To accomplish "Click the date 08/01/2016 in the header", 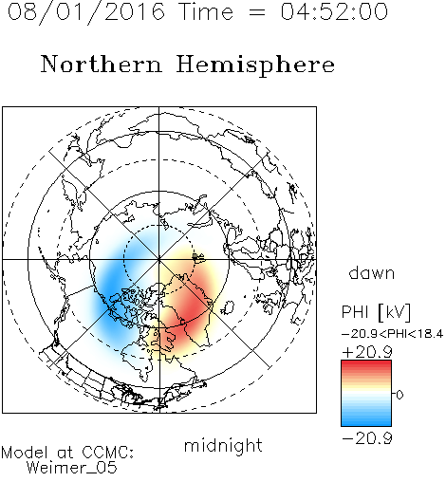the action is (86, 12).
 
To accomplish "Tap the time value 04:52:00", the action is (334, 11).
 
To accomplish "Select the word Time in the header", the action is (206, 11).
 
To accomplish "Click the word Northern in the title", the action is (102, 64).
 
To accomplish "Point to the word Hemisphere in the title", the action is (255, 65).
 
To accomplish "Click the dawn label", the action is (372, 272).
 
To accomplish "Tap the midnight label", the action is (223, 445).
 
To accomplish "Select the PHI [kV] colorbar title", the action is (376, 312).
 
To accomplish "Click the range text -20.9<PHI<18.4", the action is (393, 334).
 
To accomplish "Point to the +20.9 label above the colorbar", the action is (367, 352).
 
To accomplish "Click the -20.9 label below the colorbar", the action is (367, 438).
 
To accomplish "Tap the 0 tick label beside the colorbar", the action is (400, 395).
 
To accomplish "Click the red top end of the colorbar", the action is (366, 362).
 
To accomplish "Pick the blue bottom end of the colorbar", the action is (366, 423).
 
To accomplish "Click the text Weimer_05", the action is (72, 468).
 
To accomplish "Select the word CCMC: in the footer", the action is (107, 453).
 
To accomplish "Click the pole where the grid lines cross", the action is (159, 259).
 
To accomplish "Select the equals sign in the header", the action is (257, 13).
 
